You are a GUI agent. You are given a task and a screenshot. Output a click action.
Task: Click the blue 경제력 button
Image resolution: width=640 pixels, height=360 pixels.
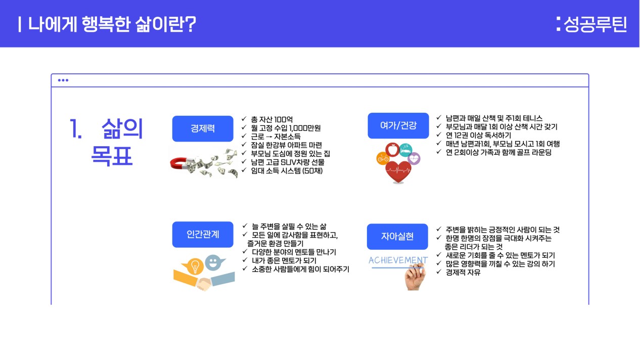(x=203, y=128)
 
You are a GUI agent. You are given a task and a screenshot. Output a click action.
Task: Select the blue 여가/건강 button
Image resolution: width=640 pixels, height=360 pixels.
(x=398, y=126)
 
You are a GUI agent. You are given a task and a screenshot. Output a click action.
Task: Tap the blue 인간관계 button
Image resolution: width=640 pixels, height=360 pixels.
(x=203, y=235)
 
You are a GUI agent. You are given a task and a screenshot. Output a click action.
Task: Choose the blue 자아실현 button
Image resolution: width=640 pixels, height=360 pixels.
(x=397, y=237)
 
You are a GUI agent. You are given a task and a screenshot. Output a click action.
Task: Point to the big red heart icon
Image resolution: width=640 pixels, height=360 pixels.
(x=398, y=172)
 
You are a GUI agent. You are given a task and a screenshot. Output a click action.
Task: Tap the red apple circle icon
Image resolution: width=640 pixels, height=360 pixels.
(x=392, y=150)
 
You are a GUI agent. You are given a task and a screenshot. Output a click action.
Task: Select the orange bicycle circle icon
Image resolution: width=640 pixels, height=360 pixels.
(x=383, y=158)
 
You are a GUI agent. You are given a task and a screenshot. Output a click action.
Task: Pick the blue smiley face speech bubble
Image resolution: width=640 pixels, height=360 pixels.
(x=214, y=262)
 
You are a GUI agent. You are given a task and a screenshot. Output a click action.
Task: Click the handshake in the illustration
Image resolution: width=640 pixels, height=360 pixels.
(x=203, y=284)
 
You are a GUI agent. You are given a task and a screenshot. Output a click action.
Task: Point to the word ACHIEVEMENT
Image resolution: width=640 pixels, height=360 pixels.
(x=398, y=260)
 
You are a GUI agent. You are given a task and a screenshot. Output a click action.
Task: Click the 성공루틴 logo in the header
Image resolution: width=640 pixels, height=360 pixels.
(x=592, y=24)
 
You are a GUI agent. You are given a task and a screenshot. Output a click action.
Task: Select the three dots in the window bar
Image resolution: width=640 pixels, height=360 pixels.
(x=63, y=80)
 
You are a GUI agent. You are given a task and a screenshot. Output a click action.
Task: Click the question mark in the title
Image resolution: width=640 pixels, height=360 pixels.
(x=190, y=24)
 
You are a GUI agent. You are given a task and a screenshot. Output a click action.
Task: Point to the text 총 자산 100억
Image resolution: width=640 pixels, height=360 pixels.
(x=271, y=119)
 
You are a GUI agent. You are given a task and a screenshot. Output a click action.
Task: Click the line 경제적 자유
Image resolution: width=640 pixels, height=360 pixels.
(x=463, y=273)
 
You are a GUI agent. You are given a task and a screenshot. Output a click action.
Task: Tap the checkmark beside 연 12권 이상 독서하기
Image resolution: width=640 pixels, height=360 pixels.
(x=439, y=134)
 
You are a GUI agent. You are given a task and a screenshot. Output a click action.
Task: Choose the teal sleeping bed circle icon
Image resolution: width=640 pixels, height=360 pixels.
(x=406, y=150)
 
